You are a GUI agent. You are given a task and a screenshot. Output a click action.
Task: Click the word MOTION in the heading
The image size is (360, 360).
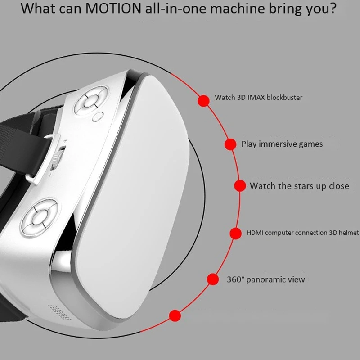tap(113, 8)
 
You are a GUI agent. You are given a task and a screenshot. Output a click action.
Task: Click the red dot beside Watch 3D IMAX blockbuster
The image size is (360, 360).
tap(204, 101)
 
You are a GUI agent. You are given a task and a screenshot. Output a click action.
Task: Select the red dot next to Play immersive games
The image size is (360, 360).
tap(230, 144)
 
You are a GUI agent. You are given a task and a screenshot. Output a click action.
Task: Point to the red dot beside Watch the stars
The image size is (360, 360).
tap(240, 185)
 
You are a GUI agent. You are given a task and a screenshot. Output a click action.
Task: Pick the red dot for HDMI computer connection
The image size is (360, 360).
tap(235, 233)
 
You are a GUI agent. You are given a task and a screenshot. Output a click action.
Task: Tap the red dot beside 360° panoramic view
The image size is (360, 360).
tap(213, 279)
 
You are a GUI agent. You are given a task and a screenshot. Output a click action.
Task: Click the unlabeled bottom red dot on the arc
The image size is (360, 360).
tap(175, 315)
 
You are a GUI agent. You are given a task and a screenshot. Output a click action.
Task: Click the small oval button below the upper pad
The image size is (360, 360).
tap(98, 117)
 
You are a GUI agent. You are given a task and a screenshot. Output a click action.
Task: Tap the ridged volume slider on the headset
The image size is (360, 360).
tap(58, 158)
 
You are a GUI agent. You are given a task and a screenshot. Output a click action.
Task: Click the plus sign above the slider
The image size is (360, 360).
tap(65, 140)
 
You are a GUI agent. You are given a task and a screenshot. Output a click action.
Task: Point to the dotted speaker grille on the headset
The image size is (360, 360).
tap(59, 312)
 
